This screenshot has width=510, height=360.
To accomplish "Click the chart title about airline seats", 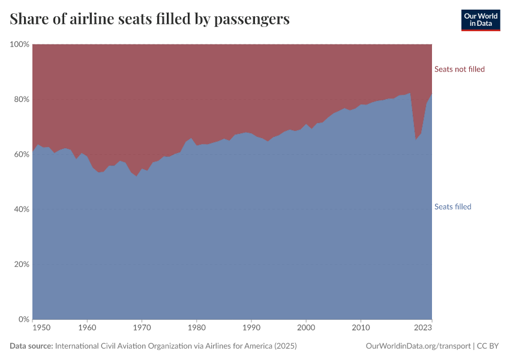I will [150, 19].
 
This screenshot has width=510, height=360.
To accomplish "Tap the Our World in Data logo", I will [480, 20].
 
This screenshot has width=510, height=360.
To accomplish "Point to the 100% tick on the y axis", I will [19, 44].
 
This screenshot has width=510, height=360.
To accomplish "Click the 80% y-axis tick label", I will [21, 100].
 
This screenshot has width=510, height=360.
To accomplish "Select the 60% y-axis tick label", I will [21, 154].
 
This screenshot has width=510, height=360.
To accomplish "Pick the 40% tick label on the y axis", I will [21, 209].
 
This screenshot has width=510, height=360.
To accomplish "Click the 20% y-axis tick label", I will [21, 265].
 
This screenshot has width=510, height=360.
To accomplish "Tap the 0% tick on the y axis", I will [23, 319].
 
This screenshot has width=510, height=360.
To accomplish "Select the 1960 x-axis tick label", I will [88, 328].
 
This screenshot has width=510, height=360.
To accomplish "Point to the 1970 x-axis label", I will [142, 328].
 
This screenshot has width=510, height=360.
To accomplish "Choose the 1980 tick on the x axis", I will [197, 328].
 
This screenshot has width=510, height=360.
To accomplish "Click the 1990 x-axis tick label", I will [251, 328].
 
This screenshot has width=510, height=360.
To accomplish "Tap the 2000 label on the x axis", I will [306, 328].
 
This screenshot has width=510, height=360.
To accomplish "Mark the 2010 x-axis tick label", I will [361, 328].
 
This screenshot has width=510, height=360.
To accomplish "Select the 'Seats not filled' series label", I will [459, 69].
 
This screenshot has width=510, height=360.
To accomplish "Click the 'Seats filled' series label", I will [452, 207].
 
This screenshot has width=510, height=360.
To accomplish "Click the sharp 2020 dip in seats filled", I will [416, 139].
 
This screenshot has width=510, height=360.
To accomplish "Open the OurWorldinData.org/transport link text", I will [418, 346].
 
